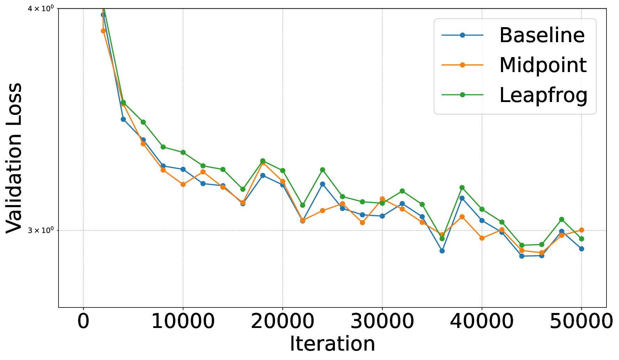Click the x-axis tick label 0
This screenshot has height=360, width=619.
[x=83, y=321]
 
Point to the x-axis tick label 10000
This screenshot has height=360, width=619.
[x=183, y=321]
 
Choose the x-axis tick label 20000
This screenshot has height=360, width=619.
[x=282, y=321]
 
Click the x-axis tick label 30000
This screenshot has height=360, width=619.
[x=382, y=321]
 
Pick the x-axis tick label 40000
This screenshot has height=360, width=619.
[x=482, y=321]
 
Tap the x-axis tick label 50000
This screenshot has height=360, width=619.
[x=581, y=321]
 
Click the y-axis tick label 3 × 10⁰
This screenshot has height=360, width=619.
[x=41, y=230]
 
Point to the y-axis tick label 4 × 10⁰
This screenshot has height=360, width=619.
[x=41, y=8]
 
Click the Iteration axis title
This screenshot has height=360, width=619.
[x=332, y=344]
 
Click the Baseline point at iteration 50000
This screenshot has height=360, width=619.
[x=581, y=249]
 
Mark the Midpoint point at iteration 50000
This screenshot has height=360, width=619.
[x=581, y=230]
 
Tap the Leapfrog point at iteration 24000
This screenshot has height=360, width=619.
[x=322, y=170]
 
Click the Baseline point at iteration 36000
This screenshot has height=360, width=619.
[x=442, y=251]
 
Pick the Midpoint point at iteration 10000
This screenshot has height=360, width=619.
[x=183, y=184]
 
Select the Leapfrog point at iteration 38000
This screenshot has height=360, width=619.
[x=462, y=187]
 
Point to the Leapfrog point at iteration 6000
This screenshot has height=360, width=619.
[x=143, y=122]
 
